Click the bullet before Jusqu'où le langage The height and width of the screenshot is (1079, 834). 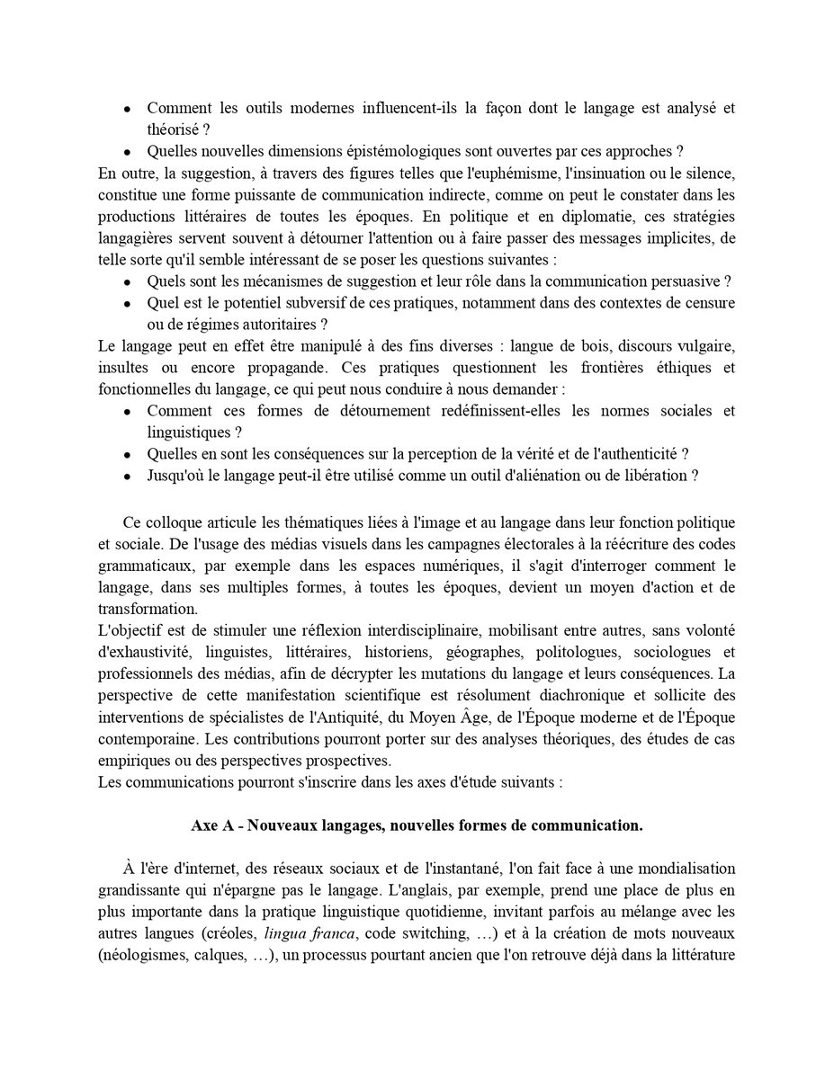click(x=128, y=475)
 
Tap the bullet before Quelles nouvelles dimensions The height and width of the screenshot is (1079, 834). click(x=128, y=150)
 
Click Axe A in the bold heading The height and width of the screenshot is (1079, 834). click(x=212, y=825)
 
